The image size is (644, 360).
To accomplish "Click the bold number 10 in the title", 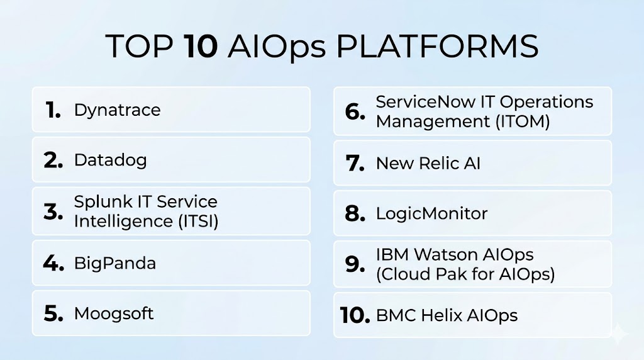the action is [x=201, y=46].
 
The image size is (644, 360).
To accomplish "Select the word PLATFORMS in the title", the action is [x=437, y=46].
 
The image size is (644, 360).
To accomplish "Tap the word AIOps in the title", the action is [x=277, y=47].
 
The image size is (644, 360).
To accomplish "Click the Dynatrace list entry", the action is [x=117, y=110].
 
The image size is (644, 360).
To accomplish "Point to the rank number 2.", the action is [x=53, y=160].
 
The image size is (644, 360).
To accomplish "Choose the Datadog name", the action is [x=110, y=160].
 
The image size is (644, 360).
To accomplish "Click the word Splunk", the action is [x=103, y=202].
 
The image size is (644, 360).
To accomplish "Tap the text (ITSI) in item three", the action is [x=198, y=222].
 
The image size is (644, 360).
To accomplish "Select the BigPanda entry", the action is [x=115, y=264].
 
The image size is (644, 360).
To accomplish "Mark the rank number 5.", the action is [x=53, y=313].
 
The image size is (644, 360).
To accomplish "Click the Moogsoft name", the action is [x=114, y=314].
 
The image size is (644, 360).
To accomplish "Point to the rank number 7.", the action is [x=355, y=163].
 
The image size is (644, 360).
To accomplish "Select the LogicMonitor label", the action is [x=431, y=214].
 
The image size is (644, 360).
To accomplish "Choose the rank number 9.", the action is [x=355, y=264].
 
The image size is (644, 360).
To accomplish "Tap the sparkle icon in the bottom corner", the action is [x=618, y=334].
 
